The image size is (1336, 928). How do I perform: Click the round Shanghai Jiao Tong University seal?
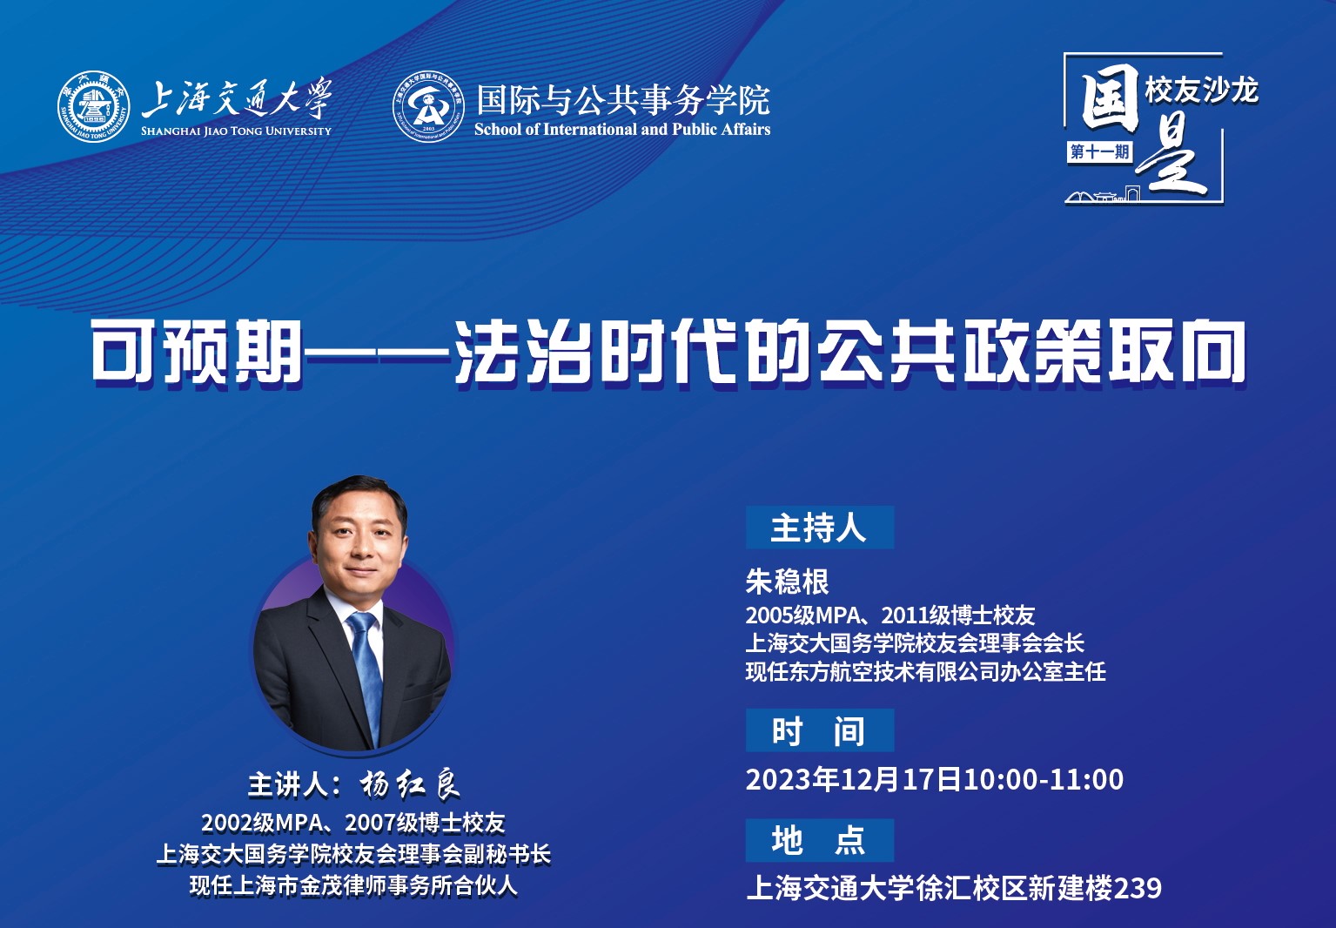point(94,107)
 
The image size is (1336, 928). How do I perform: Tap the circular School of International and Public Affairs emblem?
point(428,107)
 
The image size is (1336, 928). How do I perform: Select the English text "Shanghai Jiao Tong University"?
point(236,131)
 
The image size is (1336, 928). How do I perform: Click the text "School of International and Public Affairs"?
point(622,130)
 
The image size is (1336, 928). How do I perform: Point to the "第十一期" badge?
point(1099,151)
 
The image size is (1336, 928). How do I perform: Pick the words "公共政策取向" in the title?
point(1031,351)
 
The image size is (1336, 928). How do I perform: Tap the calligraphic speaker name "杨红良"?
point(410,785)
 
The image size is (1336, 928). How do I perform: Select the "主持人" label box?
point(820,528)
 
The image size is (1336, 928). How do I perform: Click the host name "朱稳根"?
point(787,582)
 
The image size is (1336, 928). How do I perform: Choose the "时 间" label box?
point(820,730)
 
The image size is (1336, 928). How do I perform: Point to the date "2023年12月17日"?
point(854,779)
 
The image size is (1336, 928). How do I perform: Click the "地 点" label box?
point(820,840)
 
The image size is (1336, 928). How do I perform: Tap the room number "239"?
point(1138,888)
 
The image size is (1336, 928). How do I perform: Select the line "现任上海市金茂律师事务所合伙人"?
point(353,886)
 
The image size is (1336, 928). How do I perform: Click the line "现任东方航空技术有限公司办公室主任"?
point(926,672)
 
